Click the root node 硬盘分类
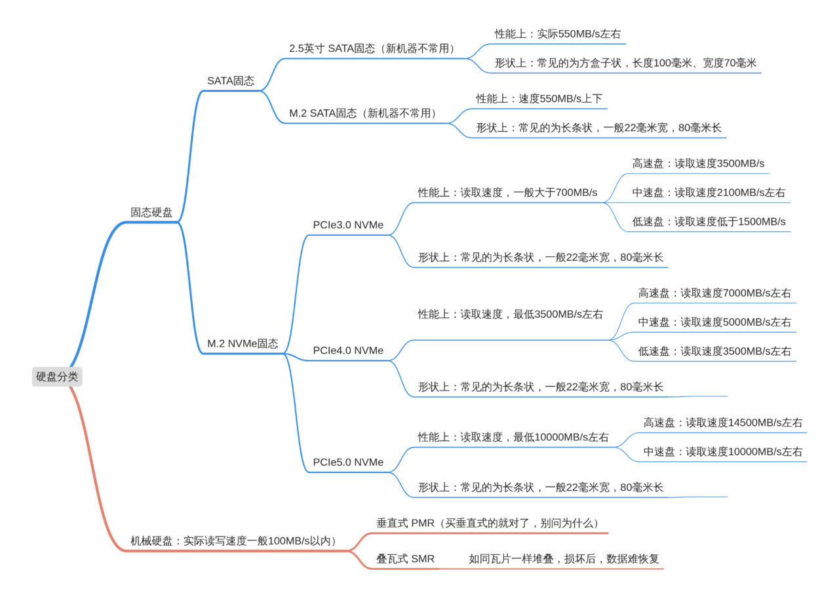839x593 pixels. [57, 377]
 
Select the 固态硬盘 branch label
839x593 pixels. [151, 212]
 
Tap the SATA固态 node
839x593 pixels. [231, 81]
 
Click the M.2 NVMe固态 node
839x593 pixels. [243, 343]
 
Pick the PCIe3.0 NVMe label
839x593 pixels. [348, 225]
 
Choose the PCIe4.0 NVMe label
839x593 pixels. [348, 351]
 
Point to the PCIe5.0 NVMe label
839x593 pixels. [348, 462]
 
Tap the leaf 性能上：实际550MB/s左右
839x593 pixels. [557, 34]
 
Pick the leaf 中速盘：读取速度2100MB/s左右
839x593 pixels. [709, 193]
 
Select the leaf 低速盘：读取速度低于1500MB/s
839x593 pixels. [709, 221]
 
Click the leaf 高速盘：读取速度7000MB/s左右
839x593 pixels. [714, 293]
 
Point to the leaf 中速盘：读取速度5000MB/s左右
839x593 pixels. [714, 322]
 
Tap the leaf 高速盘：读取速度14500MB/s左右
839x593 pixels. [723, 423]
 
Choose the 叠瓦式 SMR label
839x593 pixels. [405, 559]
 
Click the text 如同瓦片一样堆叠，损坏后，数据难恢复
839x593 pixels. [564, 559]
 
